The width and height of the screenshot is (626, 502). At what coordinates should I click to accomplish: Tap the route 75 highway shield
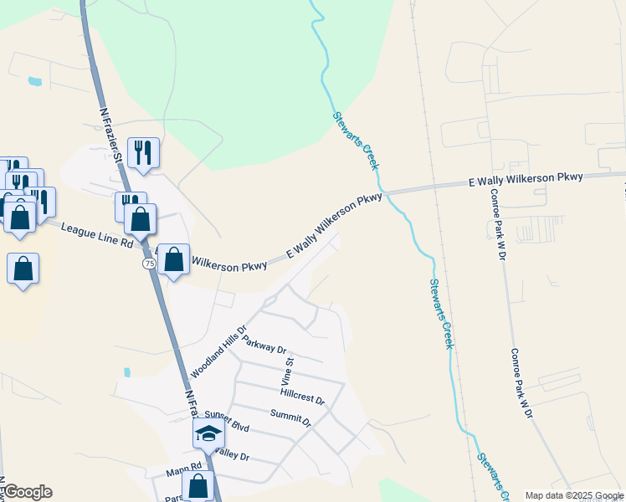[149, 263]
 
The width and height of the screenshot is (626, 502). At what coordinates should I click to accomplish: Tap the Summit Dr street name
[290, 417]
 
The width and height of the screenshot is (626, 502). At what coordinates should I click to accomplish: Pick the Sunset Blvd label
[228, 421]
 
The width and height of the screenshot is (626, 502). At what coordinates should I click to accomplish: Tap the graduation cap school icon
[208, 433]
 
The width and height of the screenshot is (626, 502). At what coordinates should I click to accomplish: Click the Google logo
[28, 492]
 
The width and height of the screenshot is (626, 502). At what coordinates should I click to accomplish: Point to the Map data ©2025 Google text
[574, 495]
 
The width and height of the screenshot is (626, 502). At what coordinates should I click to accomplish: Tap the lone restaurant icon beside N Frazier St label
[143, 152]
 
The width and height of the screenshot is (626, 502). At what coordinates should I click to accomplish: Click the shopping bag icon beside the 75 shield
[173, 260]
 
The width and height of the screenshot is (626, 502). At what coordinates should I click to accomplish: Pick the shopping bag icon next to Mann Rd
[198, 485]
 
